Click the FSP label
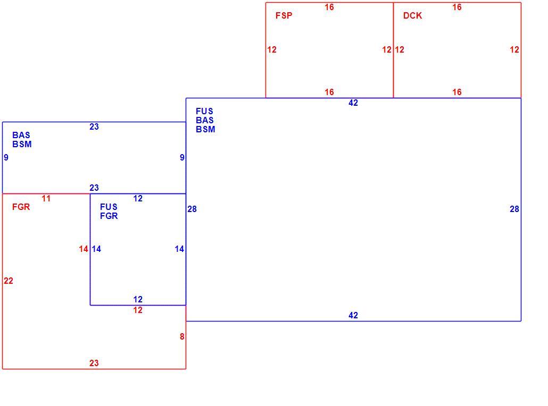[284, 16]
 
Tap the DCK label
[412, 16]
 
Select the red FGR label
[21, 207]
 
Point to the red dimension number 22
[9, 281]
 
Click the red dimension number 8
[182, 336]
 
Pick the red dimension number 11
[46, 199]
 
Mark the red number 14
[84, 249]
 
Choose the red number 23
[94, 363]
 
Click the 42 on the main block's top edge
[353, 103]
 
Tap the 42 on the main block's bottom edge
[353, 315]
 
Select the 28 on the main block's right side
[514, 209]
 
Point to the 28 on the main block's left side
[192, 209]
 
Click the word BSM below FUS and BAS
[205, 130]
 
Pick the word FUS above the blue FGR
[109, 207]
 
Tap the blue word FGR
[109, 216]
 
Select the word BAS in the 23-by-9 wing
[21, 135]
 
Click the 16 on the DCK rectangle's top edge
[457, 7]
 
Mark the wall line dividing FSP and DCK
[394, 50]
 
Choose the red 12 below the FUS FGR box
[138, 310]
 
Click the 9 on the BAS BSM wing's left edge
[6, 157]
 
